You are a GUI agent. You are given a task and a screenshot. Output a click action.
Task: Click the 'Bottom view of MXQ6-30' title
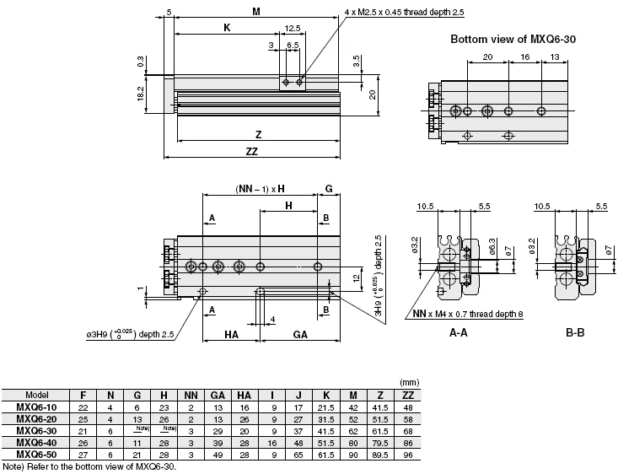pyautogui.click(x=513, y=39)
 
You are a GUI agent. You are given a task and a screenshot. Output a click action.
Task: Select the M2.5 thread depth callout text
pyautogui.click(x=405, y=12)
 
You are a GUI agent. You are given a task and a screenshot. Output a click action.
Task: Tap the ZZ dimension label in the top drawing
pyautogui.click(x=252, y=152)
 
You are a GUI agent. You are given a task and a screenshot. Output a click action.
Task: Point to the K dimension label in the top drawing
pyautogui.click(x=227, y=28)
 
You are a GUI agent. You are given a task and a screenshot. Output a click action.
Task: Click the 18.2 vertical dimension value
pyautogui.click(x=141, y=94)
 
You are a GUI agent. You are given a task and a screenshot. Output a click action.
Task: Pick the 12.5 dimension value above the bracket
pyautogui.click(x=293, y=29)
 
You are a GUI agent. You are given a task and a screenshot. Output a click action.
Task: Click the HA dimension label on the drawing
pyautogui.click(x=231, y=335)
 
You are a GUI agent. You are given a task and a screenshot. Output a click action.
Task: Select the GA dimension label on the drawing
pyautogui.click(x=300, y=335)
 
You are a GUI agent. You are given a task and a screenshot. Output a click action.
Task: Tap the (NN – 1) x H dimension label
pyautogui.click(x=261, y=189)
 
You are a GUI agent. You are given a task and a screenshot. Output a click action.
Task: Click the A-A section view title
pyautogui.click(x=459, y=333)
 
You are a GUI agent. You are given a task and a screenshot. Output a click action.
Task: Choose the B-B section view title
pyautogui.click(x=575, y=333)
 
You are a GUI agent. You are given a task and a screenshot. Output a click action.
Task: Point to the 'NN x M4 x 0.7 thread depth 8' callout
pyautogui.click(x=468, y=314)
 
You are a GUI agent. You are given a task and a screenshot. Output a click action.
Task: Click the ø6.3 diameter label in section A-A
pyautogui.click(x=492, y=247)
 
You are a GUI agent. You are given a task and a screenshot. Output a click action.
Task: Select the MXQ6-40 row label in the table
pyautogui.click(x=36, y=443)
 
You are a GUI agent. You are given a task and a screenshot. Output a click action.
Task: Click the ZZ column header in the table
pyautogui.click(x=408, y=395)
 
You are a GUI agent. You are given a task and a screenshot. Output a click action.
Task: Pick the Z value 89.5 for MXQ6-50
pyautogui.click(x=380, y=455)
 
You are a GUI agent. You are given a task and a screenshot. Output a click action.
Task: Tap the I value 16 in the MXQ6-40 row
pyautogui.click(x=272, y=444)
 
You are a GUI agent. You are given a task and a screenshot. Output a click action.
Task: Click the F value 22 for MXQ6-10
pyautogui.click(x=83, y=407)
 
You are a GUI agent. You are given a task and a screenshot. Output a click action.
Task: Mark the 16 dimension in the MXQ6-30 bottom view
pyautogui.click(x=525, y=57)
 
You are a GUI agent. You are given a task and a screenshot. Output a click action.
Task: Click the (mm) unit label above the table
pyautogui.click(x=410, y=382)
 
